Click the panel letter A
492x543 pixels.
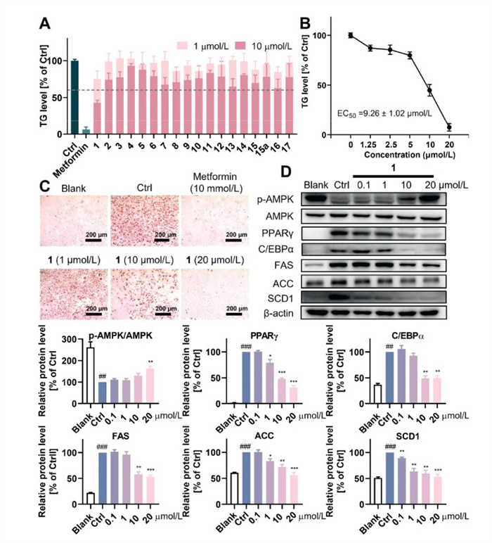point(44,23)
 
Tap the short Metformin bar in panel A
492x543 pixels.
point(86,131)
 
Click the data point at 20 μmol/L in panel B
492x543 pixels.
point(448,127)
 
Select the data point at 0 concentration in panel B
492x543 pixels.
point(350,35)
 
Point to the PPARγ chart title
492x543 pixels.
point(245,340)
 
